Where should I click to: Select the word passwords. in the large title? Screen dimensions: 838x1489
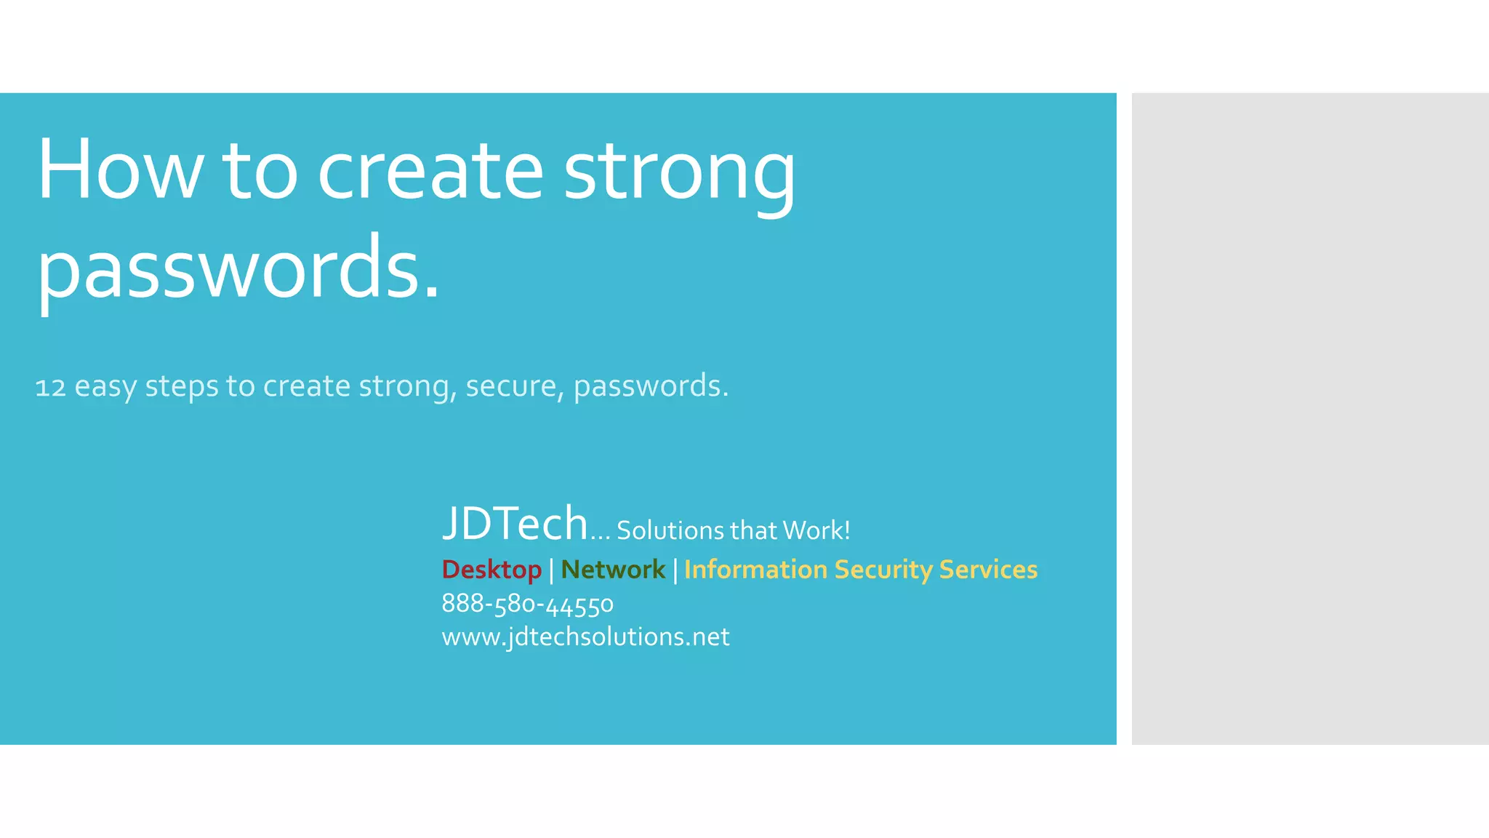pos(238,269)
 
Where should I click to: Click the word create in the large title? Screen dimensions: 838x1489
pos(430,171)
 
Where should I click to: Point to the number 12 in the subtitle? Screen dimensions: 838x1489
pos(50,388)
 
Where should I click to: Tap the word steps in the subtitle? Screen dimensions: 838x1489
pos(182,386)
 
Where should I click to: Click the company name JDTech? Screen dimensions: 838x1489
pos(515,523)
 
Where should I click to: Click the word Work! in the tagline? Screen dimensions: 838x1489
pos(816,530)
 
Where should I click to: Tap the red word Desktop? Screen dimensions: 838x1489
pos(491,570)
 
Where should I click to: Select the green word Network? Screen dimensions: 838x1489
pos(613,570)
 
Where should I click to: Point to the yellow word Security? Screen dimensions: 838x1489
pos(883,570)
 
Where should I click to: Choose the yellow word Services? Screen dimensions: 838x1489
pos(988,570)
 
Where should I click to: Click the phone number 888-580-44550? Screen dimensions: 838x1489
pos(527,604)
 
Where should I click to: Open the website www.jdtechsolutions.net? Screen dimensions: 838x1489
pos(585,637)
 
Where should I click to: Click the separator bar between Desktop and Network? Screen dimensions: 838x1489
pos(551,570)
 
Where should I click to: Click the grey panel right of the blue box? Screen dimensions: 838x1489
pos(1309,418)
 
